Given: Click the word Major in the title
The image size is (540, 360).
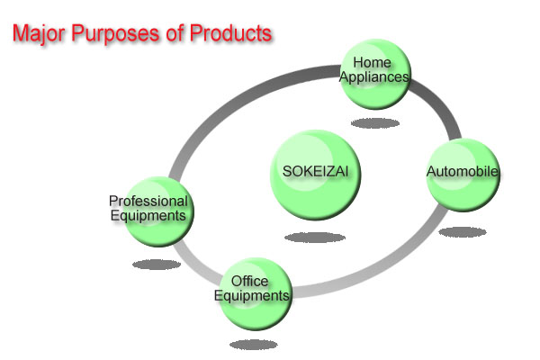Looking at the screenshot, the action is pyautogui.click(x=39, y=34).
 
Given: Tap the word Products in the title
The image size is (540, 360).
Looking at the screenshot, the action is pyautogui.click(x=230, y=32).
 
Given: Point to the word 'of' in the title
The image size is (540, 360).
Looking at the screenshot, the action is pyautogui.click(x=175, y=33).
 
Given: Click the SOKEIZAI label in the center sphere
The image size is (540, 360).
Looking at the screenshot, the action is pyautogui.click(x=316, y=171).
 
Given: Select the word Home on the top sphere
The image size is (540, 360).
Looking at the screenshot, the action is pyautogui.click(x=372, y=63).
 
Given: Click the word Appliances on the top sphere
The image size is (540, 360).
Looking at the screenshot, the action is pyautogui.click(x=374, y=77).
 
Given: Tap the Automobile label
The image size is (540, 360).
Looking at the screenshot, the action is pyautogui.click(x=463, y=171).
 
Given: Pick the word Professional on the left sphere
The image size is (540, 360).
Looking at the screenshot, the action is pyautogui.click(x=148, y=201).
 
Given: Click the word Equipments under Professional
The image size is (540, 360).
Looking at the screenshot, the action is pyautogui.click(x=148, y=216).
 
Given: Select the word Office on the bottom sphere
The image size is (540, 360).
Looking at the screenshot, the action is pyautogui.click(x=249, y=281).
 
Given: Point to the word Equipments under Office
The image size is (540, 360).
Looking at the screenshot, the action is pyautogui.click(x=252, y=295).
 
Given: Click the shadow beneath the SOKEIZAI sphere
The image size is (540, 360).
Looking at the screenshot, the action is pyautogui.click(x=315, y=238).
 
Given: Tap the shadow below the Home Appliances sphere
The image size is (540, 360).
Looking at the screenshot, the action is pyautogui.click(x=375, y=123).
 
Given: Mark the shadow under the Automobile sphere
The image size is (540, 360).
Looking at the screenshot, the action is pyautogui.click(x=463, y=232).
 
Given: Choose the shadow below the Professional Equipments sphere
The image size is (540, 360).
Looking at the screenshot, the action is pyautogui.click(x=157, y=265).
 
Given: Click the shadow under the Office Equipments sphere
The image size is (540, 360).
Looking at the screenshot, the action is pyautogui.click(x=254, y=345).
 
